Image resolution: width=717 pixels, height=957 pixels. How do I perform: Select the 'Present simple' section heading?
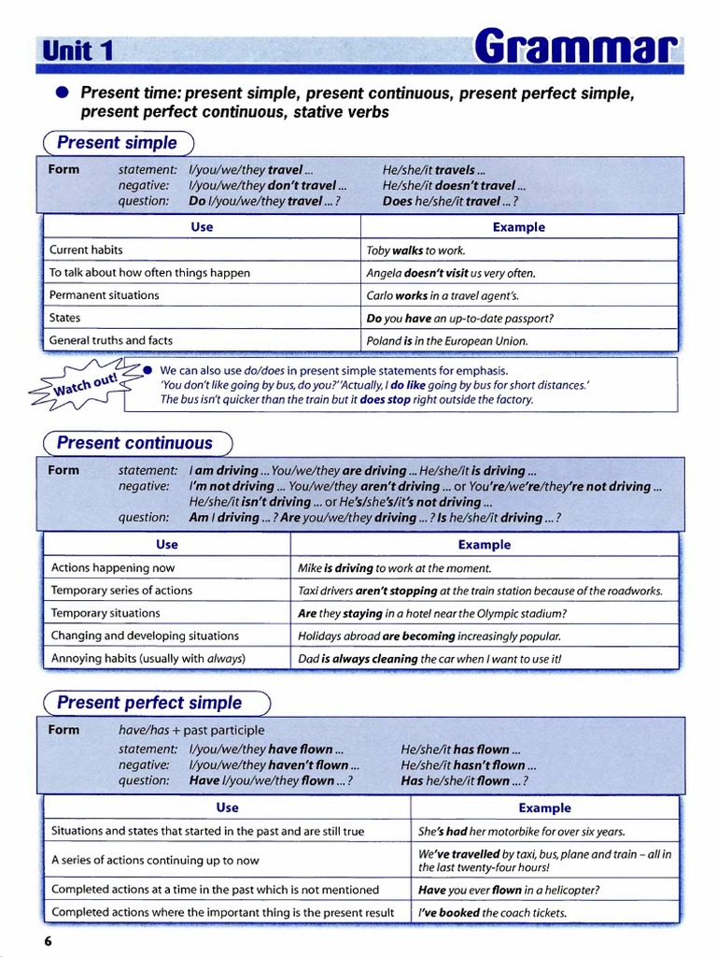[x=117, y=143]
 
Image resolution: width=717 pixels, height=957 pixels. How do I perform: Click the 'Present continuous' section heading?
[x=134, y=443]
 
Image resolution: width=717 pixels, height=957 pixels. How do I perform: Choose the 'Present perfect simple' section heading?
[x=149, y=703]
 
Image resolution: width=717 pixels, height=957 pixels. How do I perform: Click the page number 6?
[x=48, y=940]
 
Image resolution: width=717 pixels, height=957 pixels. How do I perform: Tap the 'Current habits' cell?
[x=86, y=250]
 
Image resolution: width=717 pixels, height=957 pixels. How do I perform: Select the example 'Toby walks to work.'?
[x=415, y=250]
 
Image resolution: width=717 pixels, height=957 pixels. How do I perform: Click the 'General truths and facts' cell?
[x=111, y=340]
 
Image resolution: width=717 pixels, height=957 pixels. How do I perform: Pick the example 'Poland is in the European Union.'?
[x=447, y=341]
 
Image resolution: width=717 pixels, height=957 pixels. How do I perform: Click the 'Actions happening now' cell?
[x=113, y=567]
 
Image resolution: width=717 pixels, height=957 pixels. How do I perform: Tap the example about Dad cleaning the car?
[x=429, y=658]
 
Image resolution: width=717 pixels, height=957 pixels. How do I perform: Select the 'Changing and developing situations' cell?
[x=145, y=636]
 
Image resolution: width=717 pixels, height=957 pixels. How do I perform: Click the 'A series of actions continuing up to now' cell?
[x=155, y=860]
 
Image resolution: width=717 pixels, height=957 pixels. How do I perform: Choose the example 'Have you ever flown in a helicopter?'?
[x=509, y=890]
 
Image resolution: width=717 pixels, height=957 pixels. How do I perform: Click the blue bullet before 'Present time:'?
[x=63, y=93]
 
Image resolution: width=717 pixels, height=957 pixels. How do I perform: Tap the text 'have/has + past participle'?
[x=191, y=730]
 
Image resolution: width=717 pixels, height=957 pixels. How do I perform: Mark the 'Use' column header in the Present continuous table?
[x=167, y=544]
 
